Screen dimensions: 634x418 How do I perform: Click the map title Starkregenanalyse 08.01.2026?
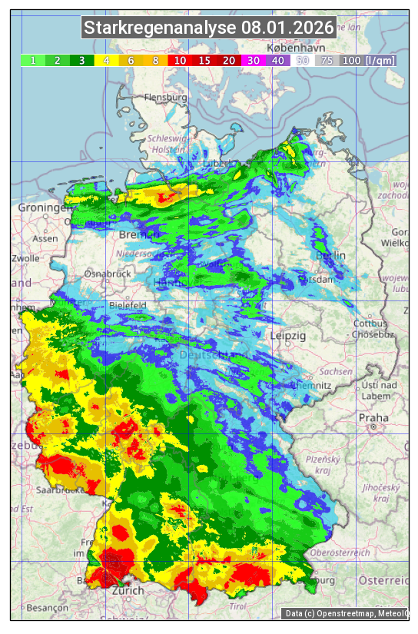(x=209, y=28)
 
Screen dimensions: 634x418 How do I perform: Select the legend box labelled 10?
(x=180, y=60)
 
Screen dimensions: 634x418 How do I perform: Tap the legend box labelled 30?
(x=253, y=60)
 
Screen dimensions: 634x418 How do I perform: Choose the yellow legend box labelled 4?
(x=106, y=60)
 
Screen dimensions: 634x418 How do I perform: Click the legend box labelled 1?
(x=33, y=60)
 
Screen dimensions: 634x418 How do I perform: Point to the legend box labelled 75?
(x=327, y=60)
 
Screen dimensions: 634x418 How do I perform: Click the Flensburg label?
(x=165, y=98)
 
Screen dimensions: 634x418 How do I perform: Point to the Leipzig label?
(x=288, y=337)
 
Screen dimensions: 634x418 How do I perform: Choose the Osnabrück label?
(x=108, y=273)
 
